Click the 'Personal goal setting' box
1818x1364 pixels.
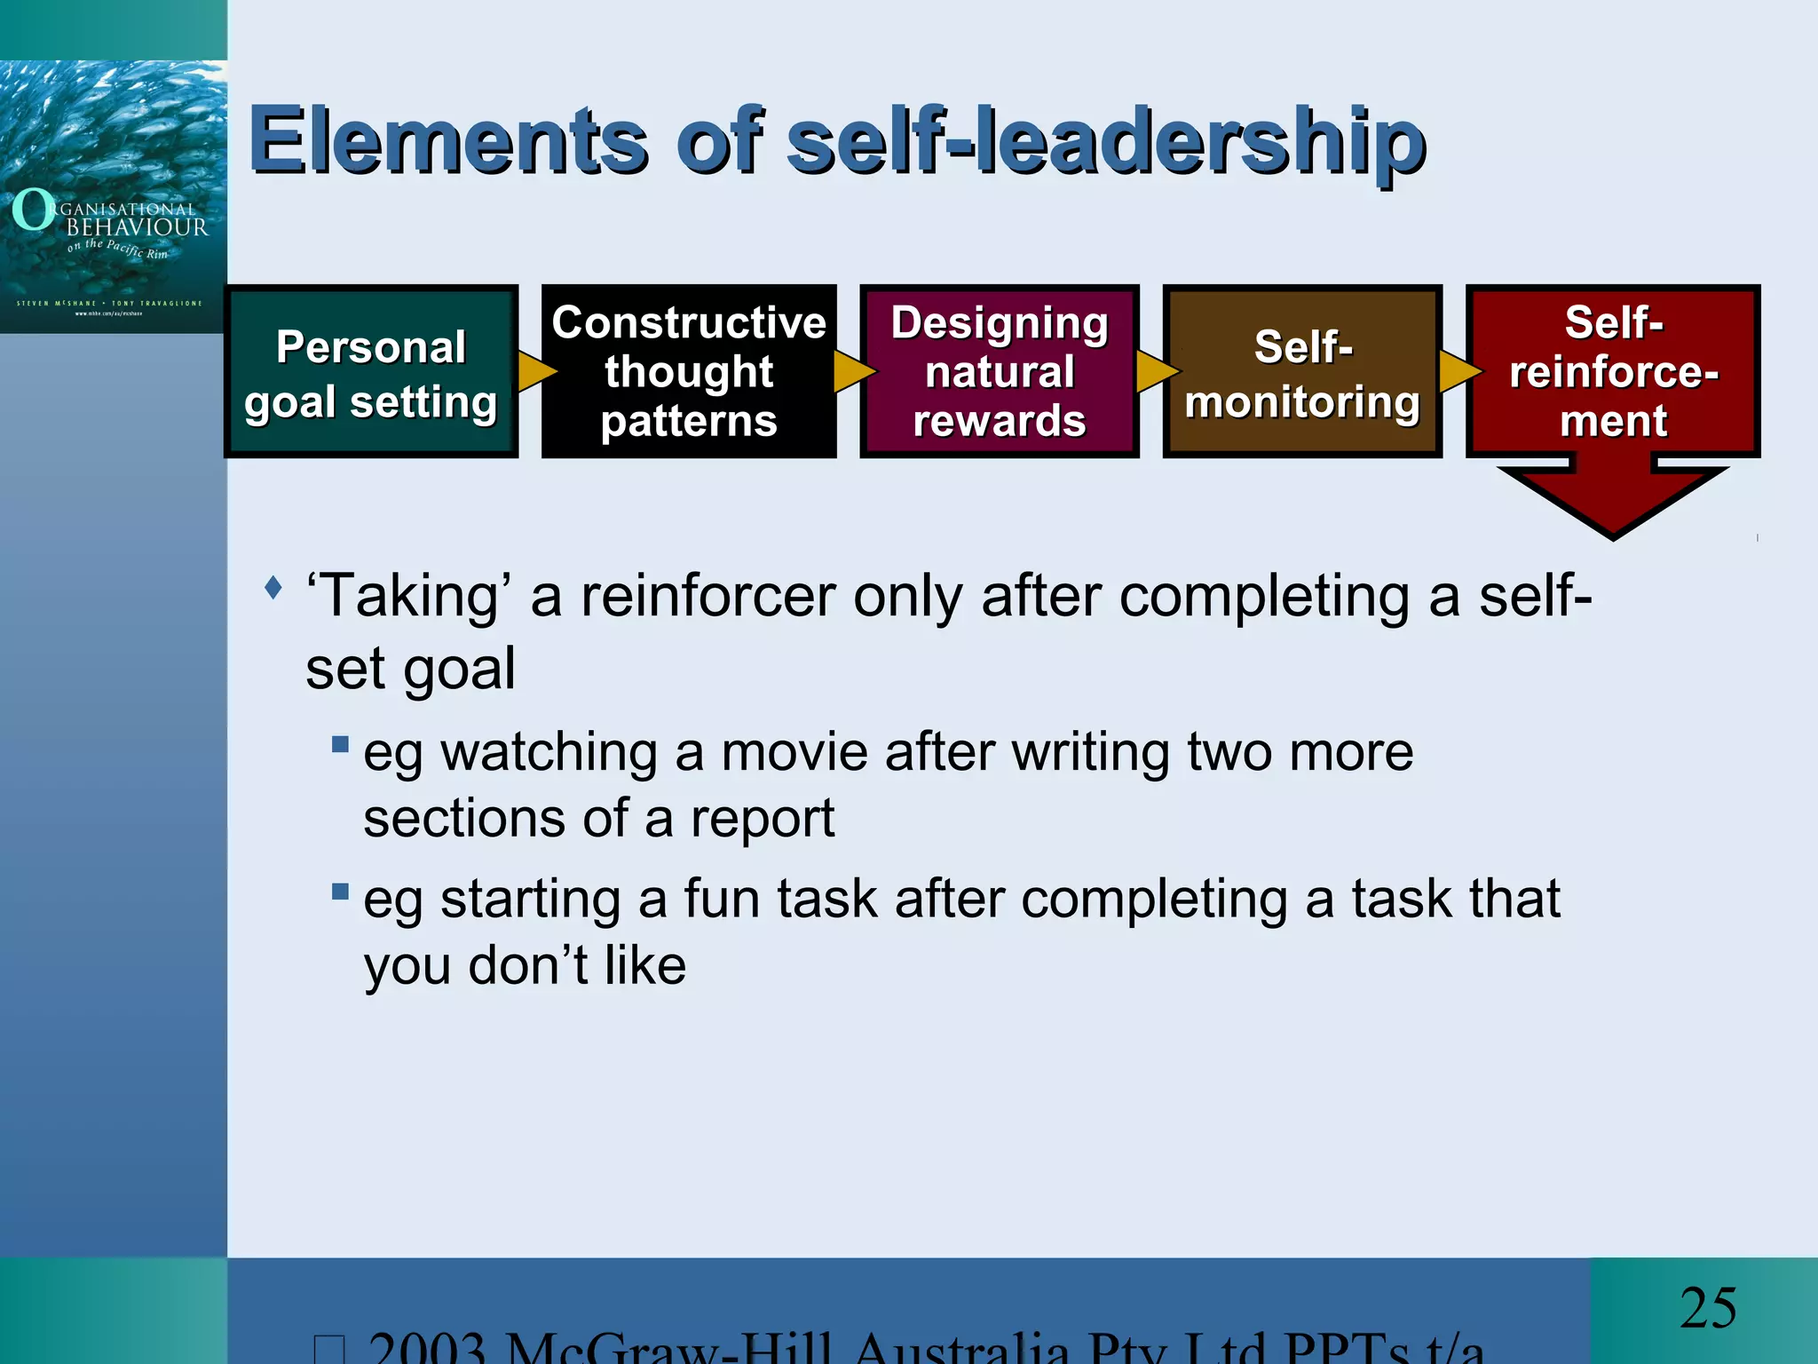[x=371, y=372]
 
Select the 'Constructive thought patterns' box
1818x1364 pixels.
[x=689, y=372]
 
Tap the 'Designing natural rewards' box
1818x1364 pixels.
[x=1000, y=372]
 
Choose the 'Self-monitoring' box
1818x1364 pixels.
[x=1302, y=372]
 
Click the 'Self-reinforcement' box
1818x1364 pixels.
[x=1613, y=372]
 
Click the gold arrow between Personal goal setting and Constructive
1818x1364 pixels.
[x=534, y=371]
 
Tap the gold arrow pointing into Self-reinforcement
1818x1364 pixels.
[x=1458, y=371]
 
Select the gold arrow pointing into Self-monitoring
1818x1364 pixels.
[x=1154, y=371]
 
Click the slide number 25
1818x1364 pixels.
[x=1708, y=1308]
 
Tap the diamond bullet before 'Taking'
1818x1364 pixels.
[x=273, y=587]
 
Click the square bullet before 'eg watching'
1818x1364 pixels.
[x=340, y=744]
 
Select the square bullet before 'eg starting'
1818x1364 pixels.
[x=340, y=892]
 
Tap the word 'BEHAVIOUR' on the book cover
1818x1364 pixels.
[x=138, y=227]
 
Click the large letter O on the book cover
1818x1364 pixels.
[x=34, y=210]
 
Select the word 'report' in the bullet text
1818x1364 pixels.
[x=763, y=818]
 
